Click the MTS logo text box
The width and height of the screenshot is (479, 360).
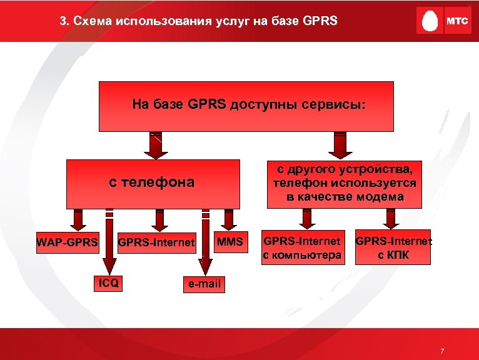click(x=456, y=21)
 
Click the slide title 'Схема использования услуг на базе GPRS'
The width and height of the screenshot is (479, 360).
click(x=198, y=21)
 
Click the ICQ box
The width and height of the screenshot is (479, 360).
click(x=106, y=283)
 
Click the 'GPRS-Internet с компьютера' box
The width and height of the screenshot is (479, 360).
click(x=303, y=247)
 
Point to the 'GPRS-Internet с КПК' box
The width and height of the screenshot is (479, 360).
click(x=393, y=247)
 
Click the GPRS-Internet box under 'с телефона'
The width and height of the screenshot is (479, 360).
click(x=157, y=242)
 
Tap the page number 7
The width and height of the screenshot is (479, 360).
click(x=442, y=351)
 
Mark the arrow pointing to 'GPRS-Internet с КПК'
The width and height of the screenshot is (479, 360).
click(x=391, y=219)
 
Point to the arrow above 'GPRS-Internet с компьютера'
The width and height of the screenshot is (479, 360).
click(x=306, y=219)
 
